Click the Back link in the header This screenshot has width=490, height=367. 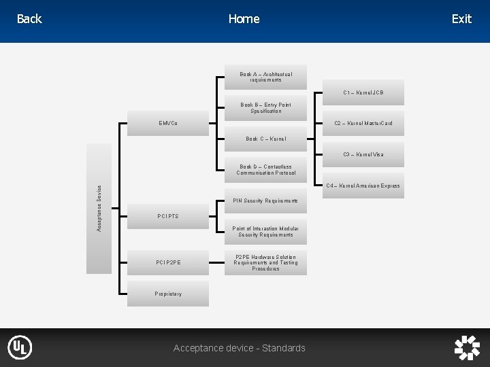point(29,19)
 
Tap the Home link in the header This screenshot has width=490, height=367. point(244,19)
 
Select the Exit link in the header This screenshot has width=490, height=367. point(461,19)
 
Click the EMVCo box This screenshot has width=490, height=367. point(169,124)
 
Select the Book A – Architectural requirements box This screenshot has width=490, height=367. point(265,77)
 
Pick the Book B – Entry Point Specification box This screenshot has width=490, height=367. point(265,108)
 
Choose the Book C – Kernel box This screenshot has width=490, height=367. point(265,139)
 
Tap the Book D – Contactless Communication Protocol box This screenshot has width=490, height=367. point(265,170)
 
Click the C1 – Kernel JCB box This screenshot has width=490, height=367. point(363,92)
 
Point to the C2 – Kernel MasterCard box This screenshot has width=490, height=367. point(363,123)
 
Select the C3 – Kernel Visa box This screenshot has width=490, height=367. point(363,154)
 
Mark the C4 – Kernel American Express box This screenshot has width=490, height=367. point(363,186)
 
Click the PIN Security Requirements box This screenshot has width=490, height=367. point(265,201)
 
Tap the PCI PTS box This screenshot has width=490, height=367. point(169,216)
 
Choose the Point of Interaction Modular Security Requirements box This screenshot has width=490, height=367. point(265,232)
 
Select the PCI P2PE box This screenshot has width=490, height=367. point(169,262)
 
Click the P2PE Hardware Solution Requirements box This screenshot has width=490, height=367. point(265,263)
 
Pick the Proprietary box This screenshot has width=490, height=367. point(169,294)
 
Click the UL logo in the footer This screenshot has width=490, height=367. point(20,347)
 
